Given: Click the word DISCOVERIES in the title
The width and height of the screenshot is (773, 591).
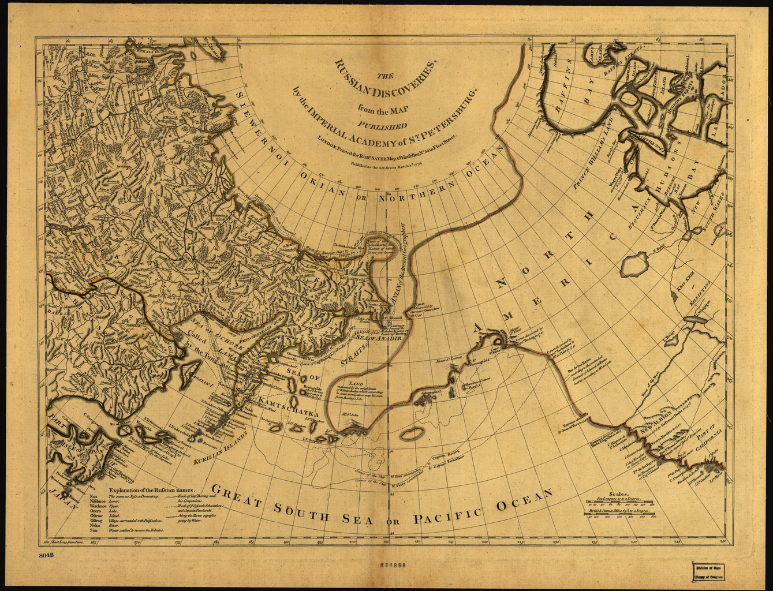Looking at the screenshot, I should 393,81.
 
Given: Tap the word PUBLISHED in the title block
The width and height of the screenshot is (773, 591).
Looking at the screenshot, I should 386,123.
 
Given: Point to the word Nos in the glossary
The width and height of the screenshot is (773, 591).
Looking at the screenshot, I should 94,496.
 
